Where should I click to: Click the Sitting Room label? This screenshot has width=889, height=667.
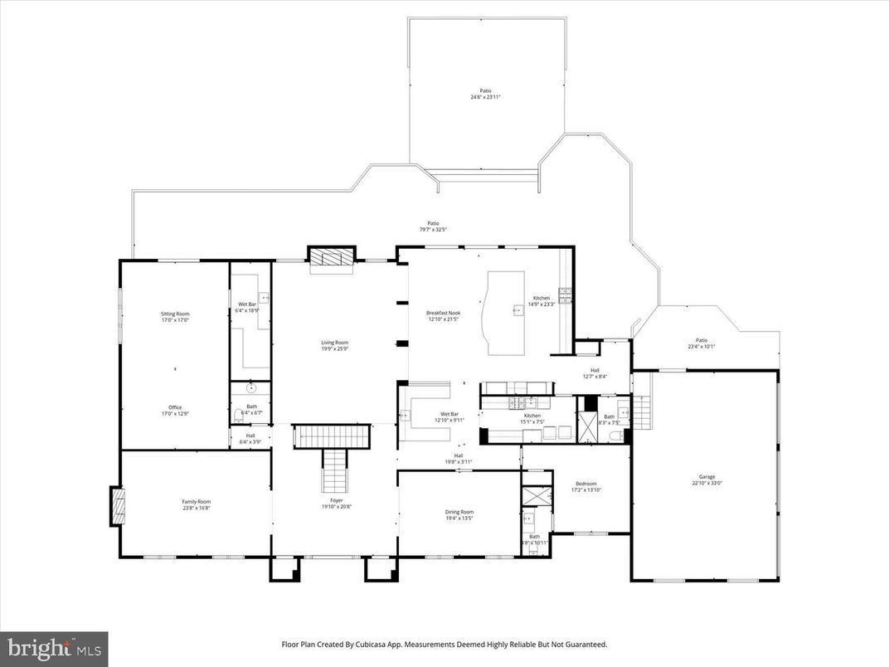pyautogui.click(x=175, y=316)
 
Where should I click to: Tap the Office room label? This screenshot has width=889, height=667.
pyautogui.click(x=175, y=410)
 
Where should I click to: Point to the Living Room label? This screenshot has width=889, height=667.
pyautogui.click(x=335, y=345)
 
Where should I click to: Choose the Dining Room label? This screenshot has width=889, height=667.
pyautogui.click(x=459, y=514)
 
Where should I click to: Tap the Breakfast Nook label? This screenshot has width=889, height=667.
pyautogui.click(x=444, y=316)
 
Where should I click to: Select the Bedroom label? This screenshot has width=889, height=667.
pyautogui.click(x=586, y=486)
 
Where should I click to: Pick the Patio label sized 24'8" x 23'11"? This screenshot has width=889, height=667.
pyautogui.click(x=485, y=94)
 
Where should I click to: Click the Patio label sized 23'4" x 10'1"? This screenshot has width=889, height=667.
pyautogui.click(x=702, y=343)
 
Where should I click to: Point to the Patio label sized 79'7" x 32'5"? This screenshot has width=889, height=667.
pyautogui.click(x=432, y=226)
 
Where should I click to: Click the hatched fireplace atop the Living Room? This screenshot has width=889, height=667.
pyautogui.click(x=332, y=258)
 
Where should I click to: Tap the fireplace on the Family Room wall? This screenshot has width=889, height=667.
pyautogui.click(x=117, y=506)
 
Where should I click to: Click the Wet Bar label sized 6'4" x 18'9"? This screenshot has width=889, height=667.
pyautogui.click(x=246, y=307)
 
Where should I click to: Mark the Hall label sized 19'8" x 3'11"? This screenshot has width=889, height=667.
pyautogui.click(x=459, y=458)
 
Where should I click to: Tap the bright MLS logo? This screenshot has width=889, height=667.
pyautogui.click(x=54, y=647)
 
